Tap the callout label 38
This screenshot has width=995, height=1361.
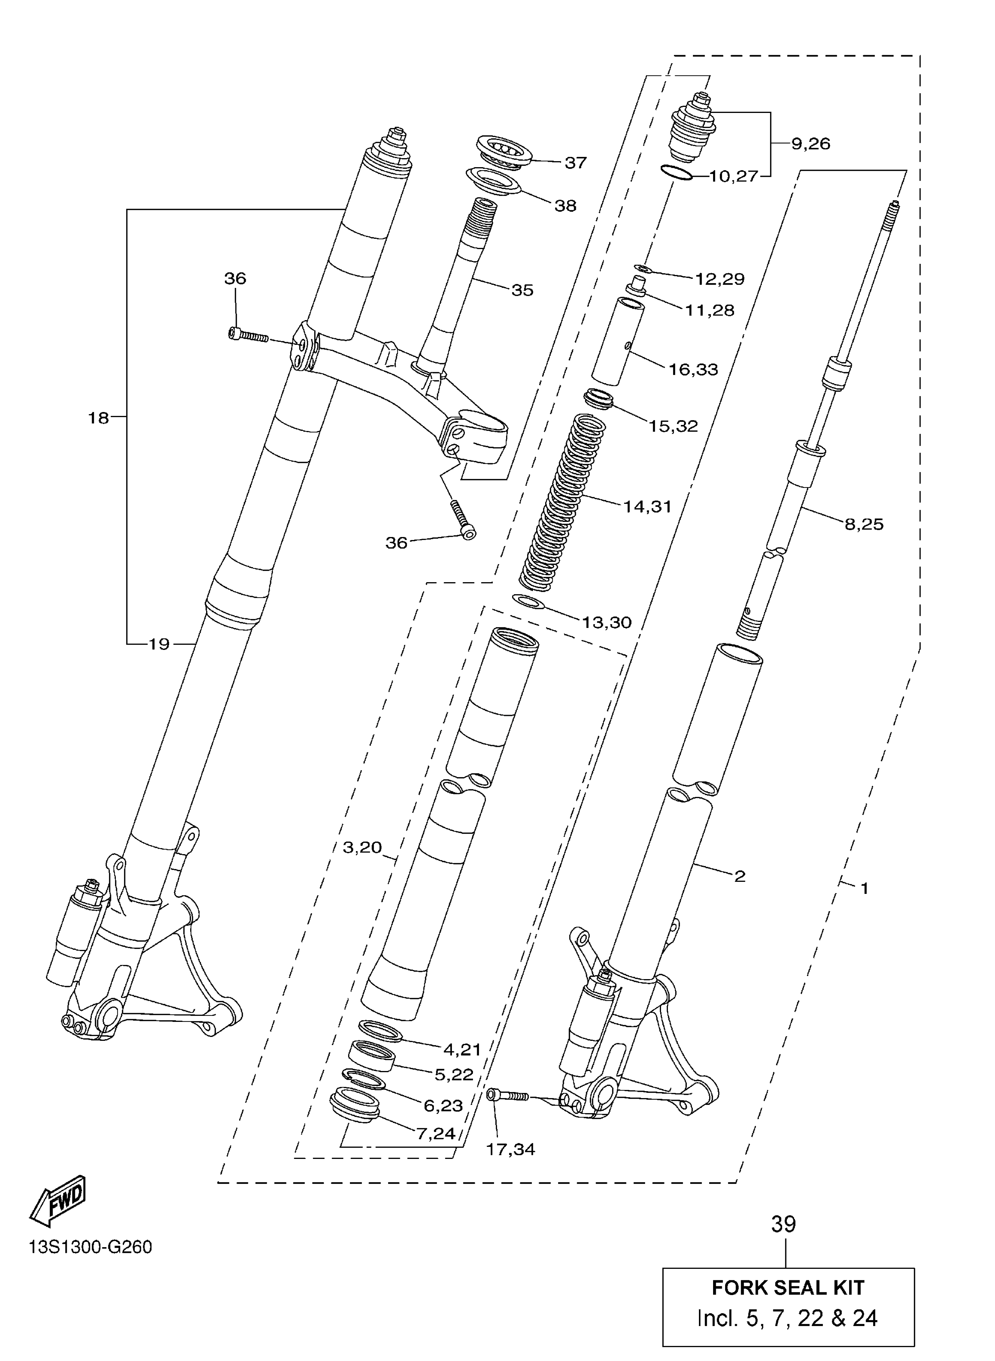[565, 206]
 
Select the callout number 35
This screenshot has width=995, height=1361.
[522, 291]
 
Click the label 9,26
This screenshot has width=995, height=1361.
[811, 144]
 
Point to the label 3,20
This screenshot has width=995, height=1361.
[362, 848]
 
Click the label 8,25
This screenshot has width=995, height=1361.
[864, 524]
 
